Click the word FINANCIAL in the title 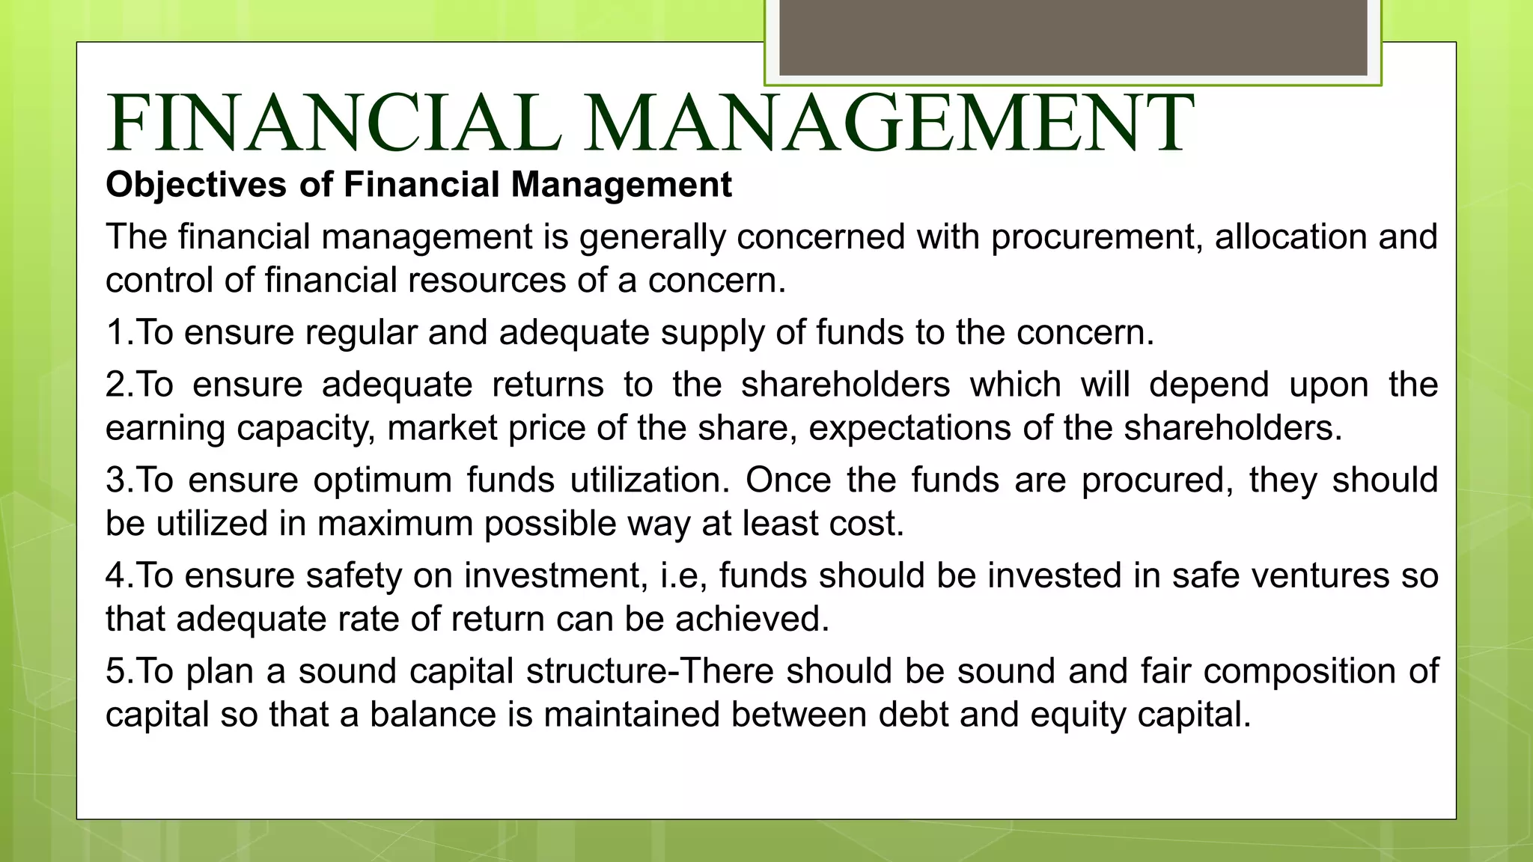click(334, 123)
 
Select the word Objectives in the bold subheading click(196, 185)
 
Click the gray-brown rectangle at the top click(1073, 37)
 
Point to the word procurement click(1097, 238)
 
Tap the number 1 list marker click(115, 332)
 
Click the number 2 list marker click(116, 385)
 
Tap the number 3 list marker click(116, 480)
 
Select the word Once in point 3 click(787, 480)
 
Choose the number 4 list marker click(116, 576)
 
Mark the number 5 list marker click(116, 671)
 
